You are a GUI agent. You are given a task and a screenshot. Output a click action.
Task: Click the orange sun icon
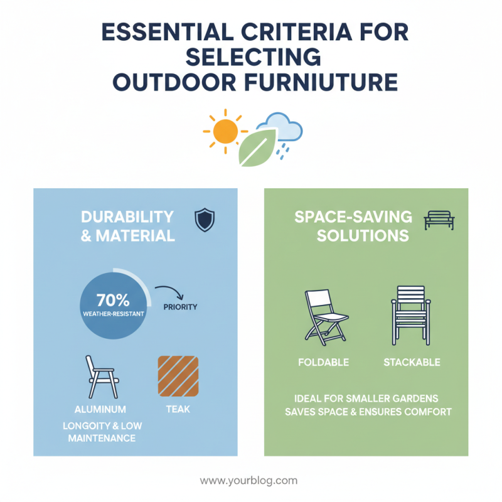(x=225, y=132)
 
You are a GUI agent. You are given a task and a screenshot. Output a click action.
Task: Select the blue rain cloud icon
(x=283, y=129)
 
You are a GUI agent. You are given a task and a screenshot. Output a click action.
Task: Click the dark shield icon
(x=205, y=220)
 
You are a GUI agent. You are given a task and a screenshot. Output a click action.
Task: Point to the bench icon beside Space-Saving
(x=439, y=220)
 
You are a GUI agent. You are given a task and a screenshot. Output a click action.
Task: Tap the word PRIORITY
(x=179, y=307)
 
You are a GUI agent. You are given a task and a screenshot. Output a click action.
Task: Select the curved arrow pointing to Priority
(x=168, y=291)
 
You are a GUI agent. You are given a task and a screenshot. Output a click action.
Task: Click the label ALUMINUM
(x=99, y=409)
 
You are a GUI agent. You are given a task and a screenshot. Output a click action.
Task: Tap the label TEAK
(x=178, y=409)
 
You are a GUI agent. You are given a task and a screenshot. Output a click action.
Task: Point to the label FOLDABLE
(x=324, y=362)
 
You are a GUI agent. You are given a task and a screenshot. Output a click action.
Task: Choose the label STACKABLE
(x=411, y=362)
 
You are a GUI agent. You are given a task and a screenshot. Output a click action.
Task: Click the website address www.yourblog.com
(x=248, y=481)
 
